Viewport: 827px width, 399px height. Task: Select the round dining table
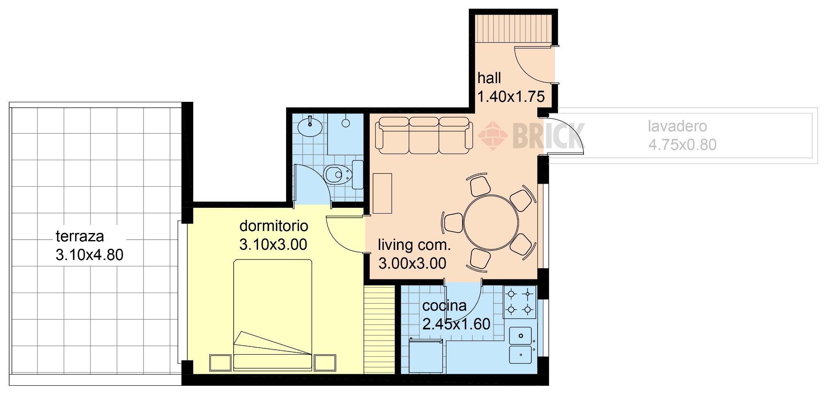[x=491, y=223]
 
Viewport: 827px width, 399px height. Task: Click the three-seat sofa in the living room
[x=424, y=135]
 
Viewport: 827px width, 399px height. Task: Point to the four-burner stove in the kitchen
[x=520, y=302]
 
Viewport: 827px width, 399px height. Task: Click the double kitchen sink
[x=521, y=345]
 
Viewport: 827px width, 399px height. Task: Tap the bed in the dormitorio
[x=273, y=315]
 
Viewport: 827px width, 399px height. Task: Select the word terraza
[x=80, y=236]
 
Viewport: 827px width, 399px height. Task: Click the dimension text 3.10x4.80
[x=90, y=255]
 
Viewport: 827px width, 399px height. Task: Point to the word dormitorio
[x=274, y=226]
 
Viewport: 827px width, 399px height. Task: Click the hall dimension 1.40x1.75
[x=511, y=97]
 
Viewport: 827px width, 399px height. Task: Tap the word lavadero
[x=677, y=126]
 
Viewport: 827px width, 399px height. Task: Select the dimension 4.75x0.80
[x=682, y=145]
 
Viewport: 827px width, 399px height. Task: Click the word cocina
[x=445, y=306]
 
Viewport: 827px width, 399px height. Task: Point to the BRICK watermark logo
[x=531, y=135]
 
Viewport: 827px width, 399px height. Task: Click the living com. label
[x=414, y=245]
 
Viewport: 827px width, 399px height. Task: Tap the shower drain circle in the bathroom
[x=346, y=123]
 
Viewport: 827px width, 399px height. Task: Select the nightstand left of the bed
[x=220, y=363]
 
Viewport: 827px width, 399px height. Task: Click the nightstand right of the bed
[x=325, y=363]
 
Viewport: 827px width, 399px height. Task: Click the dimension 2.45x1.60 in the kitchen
[x=457, y=324]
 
